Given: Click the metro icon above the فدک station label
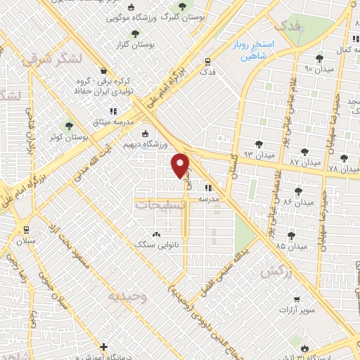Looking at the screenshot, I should (x=206, y=61).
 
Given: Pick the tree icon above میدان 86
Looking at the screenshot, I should (x=298, y=190).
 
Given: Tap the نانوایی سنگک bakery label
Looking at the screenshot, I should (x=156, y=244).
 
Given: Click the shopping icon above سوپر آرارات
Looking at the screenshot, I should (x=295, y=298).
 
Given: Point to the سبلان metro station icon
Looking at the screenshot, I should (x=26, y=229).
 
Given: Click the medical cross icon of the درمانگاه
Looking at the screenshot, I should (x=104, y=347).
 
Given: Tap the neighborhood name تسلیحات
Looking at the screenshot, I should (x=160, y=205).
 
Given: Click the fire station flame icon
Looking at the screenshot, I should (x=304, y=347).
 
